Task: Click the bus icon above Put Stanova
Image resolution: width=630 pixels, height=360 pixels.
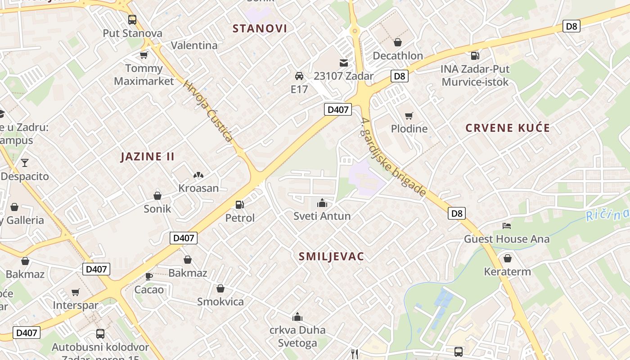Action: (x=132, y=20)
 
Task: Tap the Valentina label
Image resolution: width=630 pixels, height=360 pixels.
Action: (x=194, y=45)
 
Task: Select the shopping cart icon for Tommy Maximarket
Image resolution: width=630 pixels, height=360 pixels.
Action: (x=144, y=55)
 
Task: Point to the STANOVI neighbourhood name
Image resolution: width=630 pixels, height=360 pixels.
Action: (x=260, y=29)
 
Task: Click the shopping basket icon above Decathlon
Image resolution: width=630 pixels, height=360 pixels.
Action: (x=397, y=43)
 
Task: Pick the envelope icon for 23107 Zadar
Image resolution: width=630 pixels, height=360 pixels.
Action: (x=344, y=63)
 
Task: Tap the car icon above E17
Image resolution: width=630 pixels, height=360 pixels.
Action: (x=299, y=76)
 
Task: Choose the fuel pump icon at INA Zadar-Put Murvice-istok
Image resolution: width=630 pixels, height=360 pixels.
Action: (x=475, y=56)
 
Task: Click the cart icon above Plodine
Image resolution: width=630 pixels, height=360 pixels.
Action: (x=409, y=116)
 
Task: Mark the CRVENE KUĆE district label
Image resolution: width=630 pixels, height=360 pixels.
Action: (x=508, y=128)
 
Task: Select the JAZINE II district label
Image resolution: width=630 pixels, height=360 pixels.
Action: (x=148, y=157)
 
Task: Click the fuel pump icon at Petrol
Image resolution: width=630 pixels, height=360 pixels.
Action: (x=240, y=205)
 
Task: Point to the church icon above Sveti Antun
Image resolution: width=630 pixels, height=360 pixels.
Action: (x=322, y=203)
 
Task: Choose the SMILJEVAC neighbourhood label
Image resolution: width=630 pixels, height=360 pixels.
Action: (x=331, y=256)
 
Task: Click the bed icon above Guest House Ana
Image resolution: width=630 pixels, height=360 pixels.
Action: (x=507, y=225)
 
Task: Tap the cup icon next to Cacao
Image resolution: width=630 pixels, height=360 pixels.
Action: (x=148, y=276)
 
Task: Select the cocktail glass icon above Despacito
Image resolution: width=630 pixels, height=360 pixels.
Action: (x=24, y=162)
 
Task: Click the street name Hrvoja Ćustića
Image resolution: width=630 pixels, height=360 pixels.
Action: (x=208, y=111)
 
